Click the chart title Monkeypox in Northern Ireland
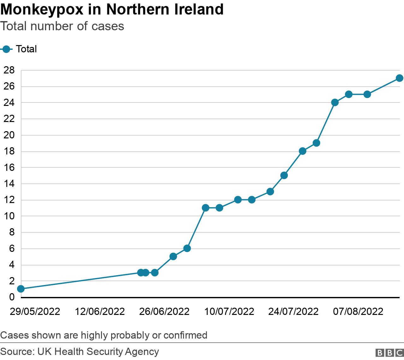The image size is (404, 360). [x=112, y=9]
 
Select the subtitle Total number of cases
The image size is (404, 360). [x=62, y=26]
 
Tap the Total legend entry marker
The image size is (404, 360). [x=6, y=49]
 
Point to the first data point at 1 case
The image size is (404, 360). [x=21, y=289]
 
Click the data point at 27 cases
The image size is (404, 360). [x=399, y=78]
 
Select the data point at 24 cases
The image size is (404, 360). [x=335, y=102]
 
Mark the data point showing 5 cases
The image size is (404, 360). [x=173, y=256]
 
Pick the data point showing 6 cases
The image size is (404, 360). [x=187, y=248]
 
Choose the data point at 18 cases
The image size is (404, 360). [x=302, y=151]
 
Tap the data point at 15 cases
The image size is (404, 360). [x=284, y=175]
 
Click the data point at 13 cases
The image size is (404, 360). [x=270, y=192]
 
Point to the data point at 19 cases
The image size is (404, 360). [x=316, y=143]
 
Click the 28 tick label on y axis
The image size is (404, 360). [x=9, y=70]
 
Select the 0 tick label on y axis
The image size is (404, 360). [x=12, y=297]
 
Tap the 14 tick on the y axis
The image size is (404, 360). [x=9, y=183]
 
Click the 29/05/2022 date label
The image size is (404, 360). [x=35, y=312]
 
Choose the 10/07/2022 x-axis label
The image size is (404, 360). [x=229, y=312]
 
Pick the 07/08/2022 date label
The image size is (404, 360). [x=358, y=312]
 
